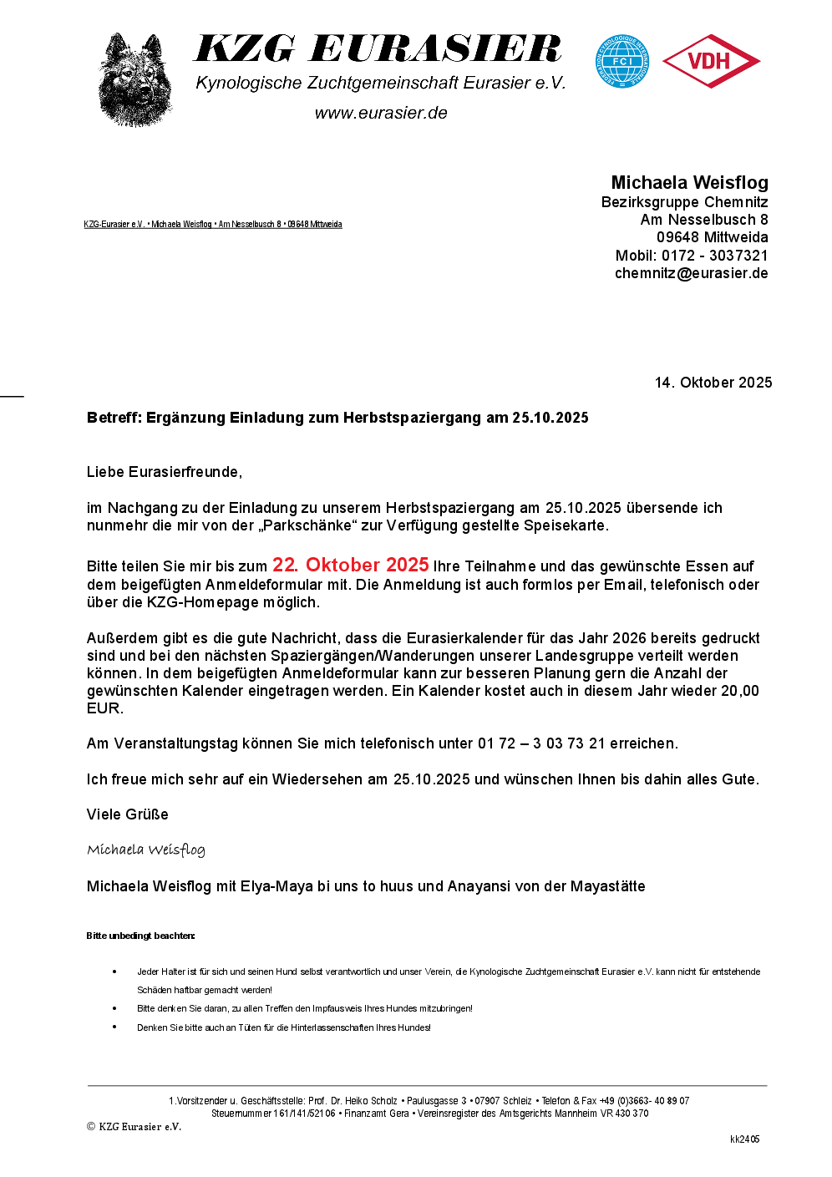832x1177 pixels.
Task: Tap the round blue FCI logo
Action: (621, 61)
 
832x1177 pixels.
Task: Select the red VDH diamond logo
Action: (711, 61)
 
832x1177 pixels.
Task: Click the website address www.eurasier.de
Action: (381, 113)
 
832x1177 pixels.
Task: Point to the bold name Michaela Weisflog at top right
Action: (689, 183)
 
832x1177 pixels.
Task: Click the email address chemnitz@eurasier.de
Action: (691, 273)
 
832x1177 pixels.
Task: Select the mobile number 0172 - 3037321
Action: (714, 256)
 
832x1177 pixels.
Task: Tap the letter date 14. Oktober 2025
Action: (713, 383)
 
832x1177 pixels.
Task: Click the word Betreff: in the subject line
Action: (114, 418)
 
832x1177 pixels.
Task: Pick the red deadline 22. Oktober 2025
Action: (350, 566)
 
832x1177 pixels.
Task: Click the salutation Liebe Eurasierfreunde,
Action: (165, 472)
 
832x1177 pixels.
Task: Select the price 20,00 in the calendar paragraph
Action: (740, 691)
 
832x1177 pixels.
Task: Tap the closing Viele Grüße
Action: (128, 814)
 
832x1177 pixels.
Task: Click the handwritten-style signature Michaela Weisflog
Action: (146, 850)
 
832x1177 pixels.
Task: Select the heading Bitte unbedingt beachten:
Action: (140, 936)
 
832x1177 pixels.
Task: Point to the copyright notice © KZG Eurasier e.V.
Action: (134, 1127)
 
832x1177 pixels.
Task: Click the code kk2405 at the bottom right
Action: (744, 1139)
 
